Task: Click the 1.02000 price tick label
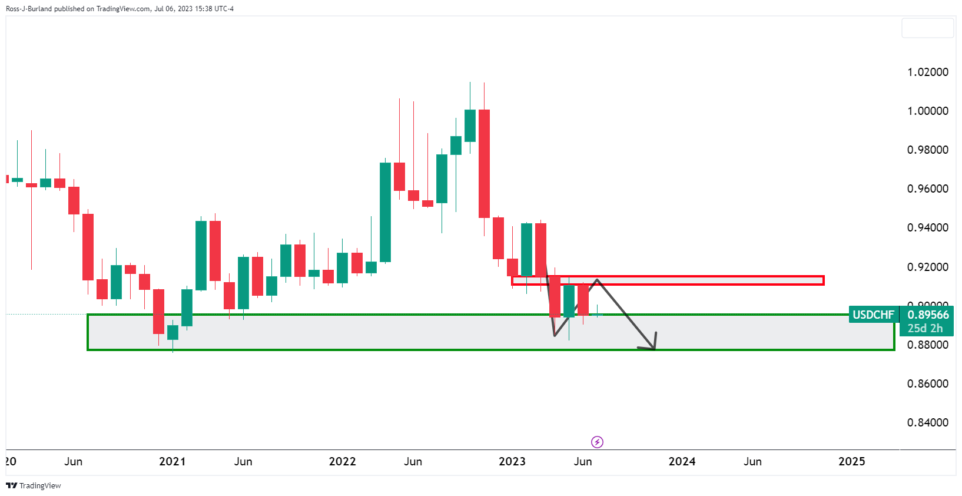tap(927, 72)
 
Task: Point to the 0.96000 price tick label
tap(927, 189)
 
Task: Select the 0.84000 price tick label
tap(927, 422)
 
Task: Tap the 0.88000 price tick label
tap(927, 345)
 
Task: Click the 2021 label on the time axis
tap(173, 461)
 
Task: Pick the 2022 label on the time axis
tap(342, 461)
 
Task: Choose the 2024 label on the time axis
tap(682, 461)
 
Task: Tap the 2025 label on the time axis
tap(851, 461)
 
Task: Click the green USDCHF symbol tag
tap(873, 315)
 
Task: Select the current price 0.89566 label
tap(928, 315)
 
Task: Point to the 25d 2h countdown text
tap(925, 328)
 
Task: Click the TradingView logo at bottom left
tap(34, 485)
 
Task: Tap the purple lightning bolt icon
tap(597, 442)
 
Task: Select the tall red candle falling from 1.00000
tap(484, 163)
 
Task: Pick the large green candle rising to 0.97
tap(385, 212)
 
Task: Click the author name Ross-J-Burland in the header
tap(29, 9)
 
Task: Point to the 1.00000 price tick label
tap(927, 111)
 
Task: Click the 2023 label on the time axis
tap(512, 461)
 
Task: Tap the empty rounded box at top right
tap(927, 28)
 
